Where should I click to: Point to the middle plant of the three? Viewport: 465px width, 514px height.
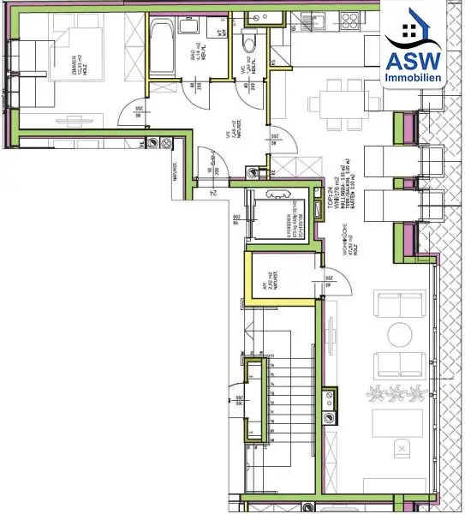coord(396,394)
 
